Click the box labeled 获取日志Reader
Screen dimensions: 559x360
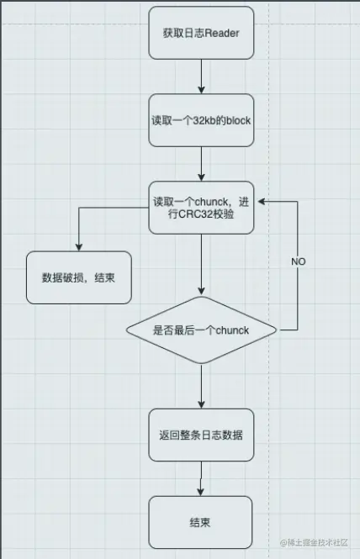201,34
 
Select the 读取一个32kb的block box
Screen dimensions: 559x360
201,120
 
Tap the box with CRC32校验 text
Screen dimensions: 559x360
201,208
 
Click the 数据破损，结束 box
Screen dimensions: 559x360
79,277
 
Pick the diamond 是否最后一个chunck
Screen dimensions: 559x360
201,330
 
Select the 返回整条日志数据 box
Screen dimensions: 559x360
201,435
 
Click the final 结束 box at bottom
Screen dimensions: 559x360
201,522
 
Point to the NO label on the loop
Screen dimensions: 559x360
299,261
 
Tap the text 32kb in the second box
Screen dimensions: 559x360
199,120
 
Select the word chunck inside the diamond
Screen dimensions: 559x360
232,330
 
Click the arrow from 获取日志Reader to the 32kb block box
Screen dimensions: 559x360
202,76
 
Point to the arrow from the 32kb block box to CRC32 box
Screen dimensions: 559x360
202,164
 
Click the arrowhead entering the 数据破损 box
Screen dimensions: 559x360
79,246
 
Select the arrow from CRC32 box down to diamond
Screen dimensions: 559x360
202,265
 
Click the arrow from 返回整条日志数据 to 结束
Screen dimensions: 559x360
202,478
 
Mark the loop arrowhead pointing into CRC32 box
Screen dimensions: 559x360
260,202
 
